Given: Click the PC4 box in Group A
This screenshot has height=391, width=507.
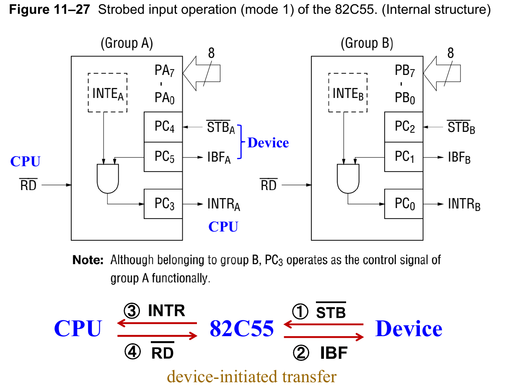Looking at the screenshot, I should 163,127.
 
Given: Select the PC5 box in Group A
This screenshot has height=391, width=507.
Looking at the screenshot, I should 163,157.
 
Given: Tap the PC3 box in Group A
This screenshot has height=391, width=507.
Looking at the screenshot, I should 163,204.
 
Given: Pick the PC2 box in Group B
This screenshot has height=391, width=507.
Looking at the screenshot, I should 404,127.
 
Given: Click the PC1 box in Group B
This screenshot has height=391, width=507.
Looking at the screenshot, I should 404,157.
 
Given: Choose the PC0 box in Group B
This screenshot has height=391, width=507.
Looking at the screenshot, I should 404,204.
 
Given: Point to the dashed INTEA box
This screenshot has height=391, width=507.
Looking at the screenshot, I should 108,93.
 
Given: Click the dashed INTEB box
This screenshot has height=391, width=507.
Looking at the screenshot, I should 348,93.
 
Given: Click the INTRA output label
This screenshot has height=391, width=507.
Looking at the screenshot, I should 224,205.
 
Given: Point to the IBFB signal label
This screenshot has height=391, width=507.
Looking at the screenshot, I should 459,158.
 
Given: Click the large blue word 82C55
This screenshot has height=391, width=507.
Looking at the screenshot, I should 242,329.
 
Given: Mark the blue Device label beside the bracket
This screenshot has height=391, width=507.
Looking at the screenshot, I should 268,143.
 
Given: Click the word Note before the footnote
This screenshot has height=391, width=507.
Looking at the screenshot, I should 88,260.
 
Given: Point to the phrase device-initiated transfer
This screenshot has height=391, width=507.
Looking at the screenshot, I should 251,377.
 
